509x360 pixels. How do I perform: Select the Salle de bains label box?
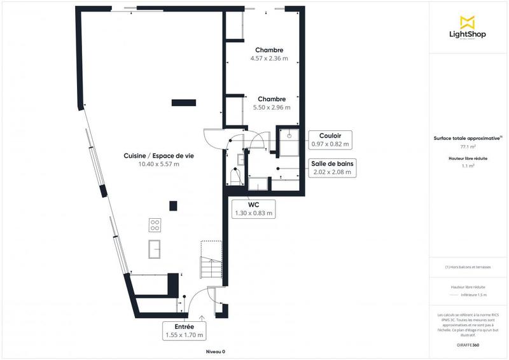point(331,167)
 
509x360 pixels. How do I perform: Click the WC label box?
point(254,209)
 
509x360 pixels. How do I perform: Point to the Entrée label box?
point(185,330)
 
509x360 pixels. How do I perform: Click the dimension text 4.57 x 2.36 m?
point(269,59)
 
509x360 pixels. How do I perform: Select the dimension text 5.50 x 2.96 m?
point(271,107)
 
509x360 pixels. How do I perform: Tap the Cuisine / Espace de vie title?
point(158,156)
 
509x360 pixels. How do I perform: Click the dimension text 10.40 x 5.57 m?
point(158,164)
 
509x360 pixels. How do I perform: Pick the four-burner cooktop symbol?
point(155,225)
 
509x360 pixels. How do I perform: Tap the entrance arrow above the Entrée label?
point(202,316)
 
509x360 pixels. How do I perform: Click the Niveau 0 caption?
point(215,351)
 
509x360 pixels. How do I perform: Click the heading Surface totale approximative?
point(467,137)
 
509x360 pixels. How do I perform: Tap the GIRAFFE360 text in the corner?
point(468,345)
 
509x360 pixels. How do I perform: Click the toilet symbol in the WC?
point(234,177)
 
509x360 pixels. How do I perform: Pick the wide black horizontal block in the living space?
point(184,101)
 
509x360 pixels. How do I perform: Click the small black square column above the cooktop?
point(172,205)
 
